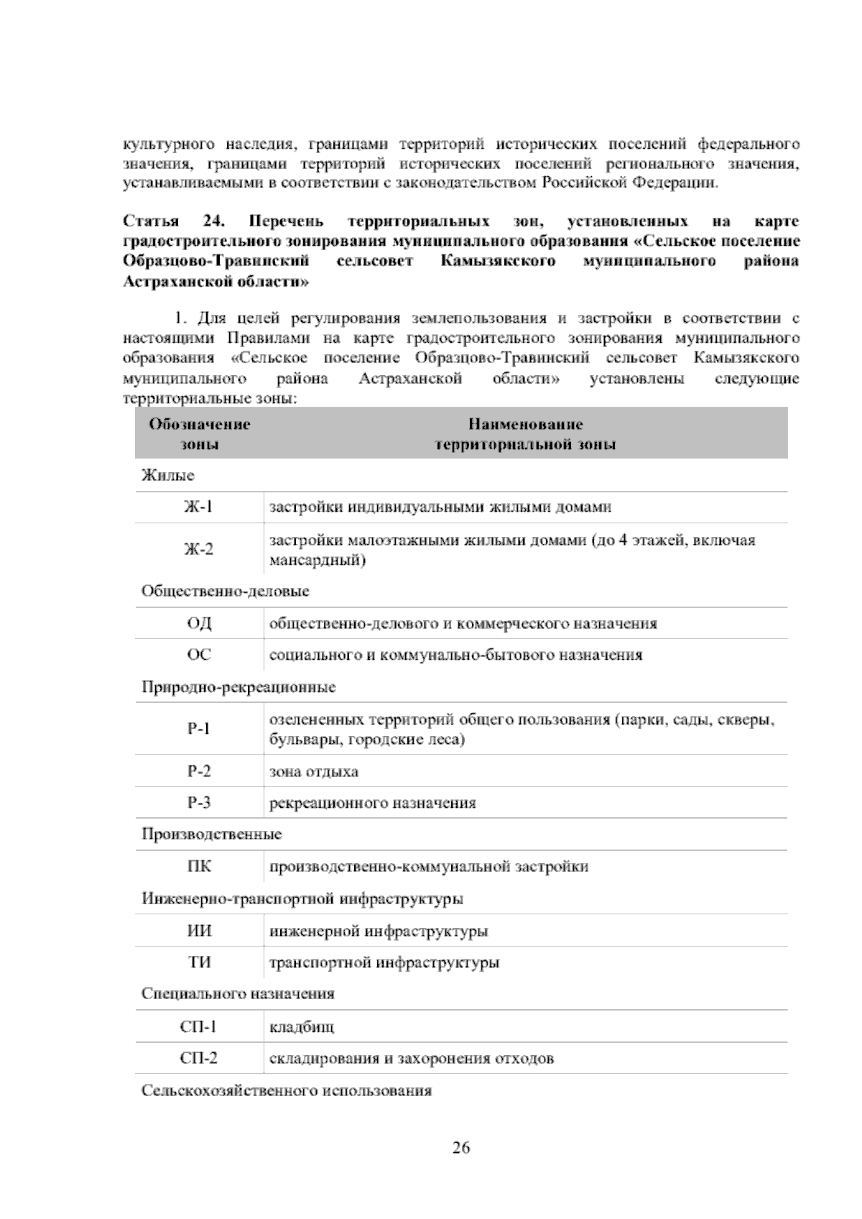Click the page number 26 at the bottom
[x=461, y=1147]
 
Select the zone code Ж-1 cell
[x=199, y=507]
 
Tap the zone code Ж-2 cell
[x=199, y=550]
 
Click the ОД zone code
[x=199, y=623]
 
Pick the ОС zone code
[x=199, y=655]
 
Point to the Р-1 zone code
[x=199, y=729]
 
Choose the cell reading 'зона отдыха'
[x=314, y=772]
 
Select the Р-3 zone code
[x=199, y=803]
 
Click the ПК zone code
[x=199, y=866]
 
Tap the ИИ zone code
[x=199, y=931]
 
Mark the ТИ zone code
[x=199, y=962]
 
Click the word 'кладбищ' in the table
[x=301, y=1027]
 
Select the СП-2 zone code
[x=199, y=1059]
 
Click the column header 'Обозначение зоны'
[x=199, y=434]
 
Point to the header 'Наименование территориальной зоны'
[x=525, y=434]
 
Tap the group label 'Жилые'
[x=168, y=476]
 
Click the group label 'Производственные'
[x=212, y=834]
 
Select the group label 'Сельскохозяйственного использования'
[x=287, y=1091]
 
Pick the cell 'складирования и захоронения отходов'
[x=411, y=1059]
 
